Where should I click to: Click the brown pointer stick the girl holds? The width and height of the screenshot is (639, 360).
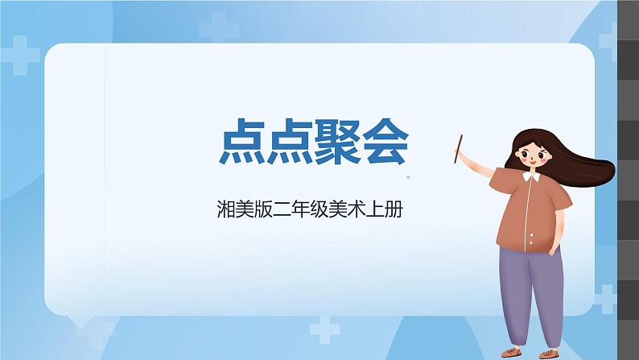click(x=459, y=149)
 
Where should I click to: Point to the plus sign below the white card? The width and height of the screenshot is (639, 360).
click(x=324, y=329)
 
